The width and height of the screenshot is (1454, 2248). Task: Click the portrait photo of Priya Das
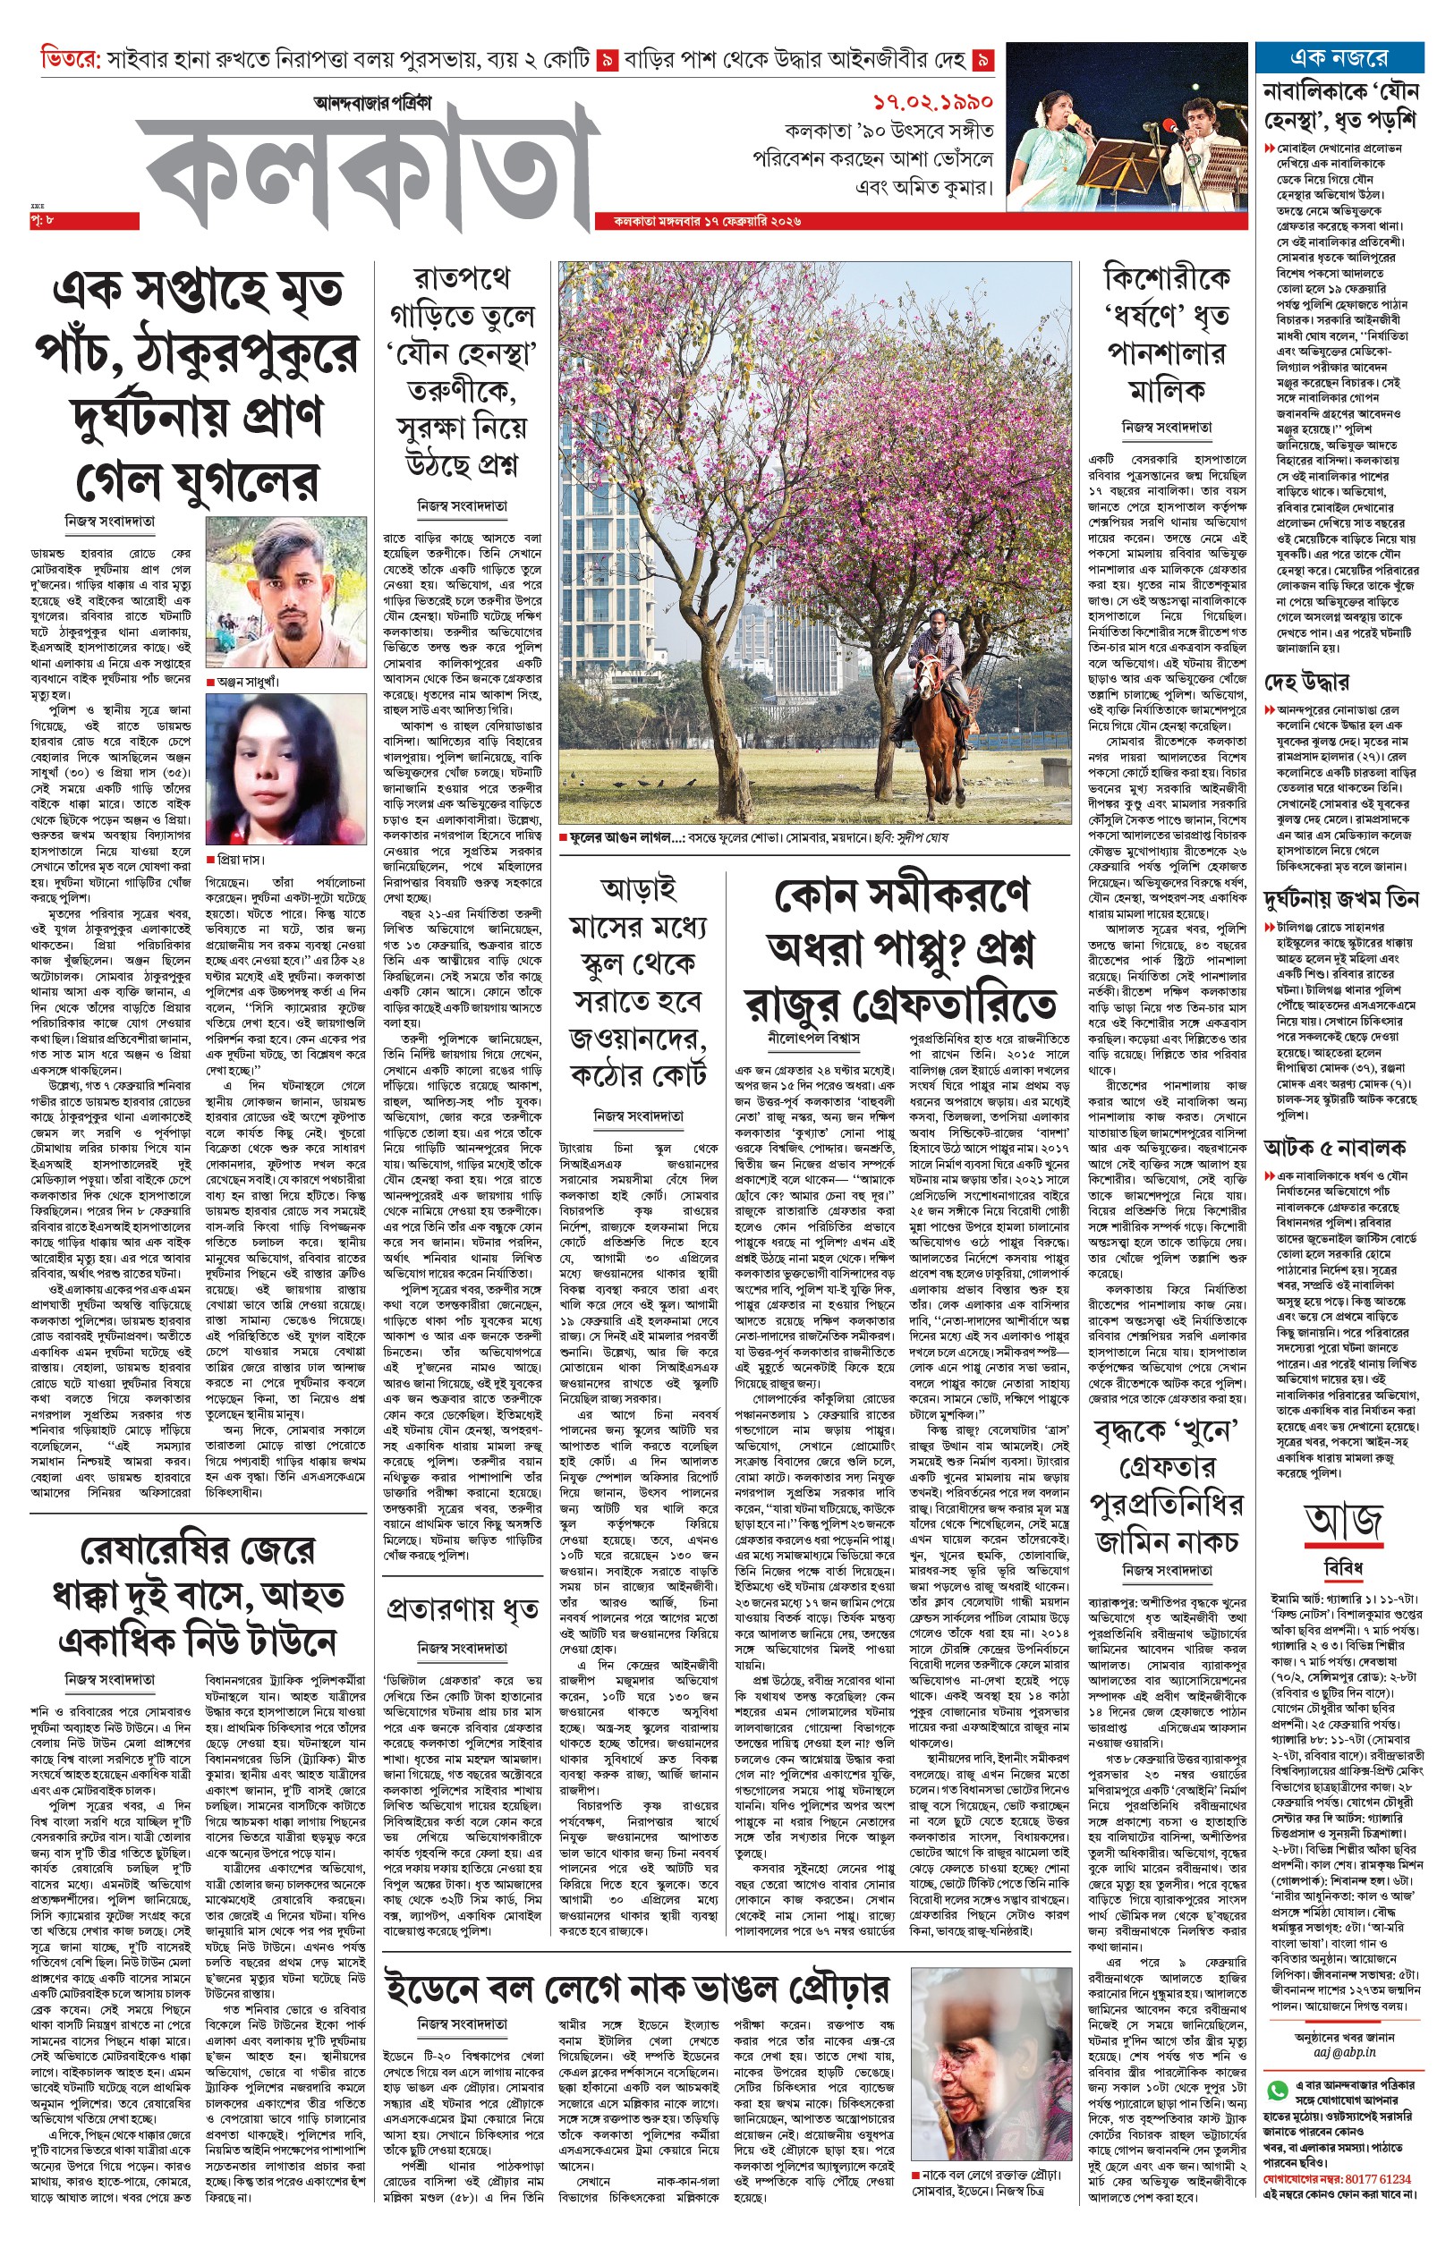coord(285,769)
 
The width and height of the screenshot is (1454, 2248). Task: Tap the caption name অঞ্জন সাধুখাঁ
coord(247,681)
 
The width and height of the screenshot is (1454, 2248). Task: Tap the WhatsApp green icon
coord(1278,2091)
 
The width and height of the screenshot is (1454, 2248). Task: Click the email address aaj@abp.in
coord(1339,2052)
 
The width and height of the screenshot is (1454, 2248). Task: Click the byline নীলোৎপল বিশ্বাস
coord(814,1037)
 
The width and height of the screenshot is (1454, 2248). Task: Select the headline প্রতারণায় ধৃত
coord(462,1610)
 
